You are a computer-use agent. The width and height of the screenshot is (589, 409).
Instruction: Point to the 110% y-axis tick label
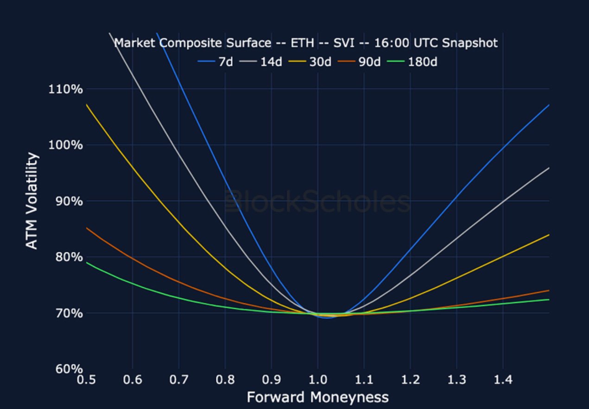tap(66, 88)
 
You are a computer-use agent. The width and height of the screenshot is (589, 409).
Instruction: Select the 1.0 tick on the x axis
tap(317, 380)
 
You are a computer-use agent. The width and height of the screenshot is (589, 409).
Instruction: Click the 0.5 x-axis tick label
tap(86, 380)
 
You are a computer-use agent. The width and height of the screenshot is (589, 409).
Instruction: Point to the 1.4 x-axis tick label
tap(503, 380)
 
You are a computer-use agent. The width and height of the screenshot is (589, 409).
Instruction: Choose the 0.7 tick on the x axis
tap(178, 380)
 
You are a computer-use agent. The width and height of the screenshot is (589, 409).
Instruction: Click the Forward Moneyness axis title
tap(317, 397)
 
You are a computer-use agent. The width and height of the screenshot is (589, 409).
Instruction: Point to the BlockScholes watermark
tap(317, 202)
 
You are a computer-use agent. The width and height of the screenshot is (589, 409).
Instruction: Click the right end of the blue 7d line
tap(549, 105)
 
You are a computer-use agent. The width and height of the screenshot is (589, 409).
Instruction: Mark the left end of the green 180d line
tap(87, 263)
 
